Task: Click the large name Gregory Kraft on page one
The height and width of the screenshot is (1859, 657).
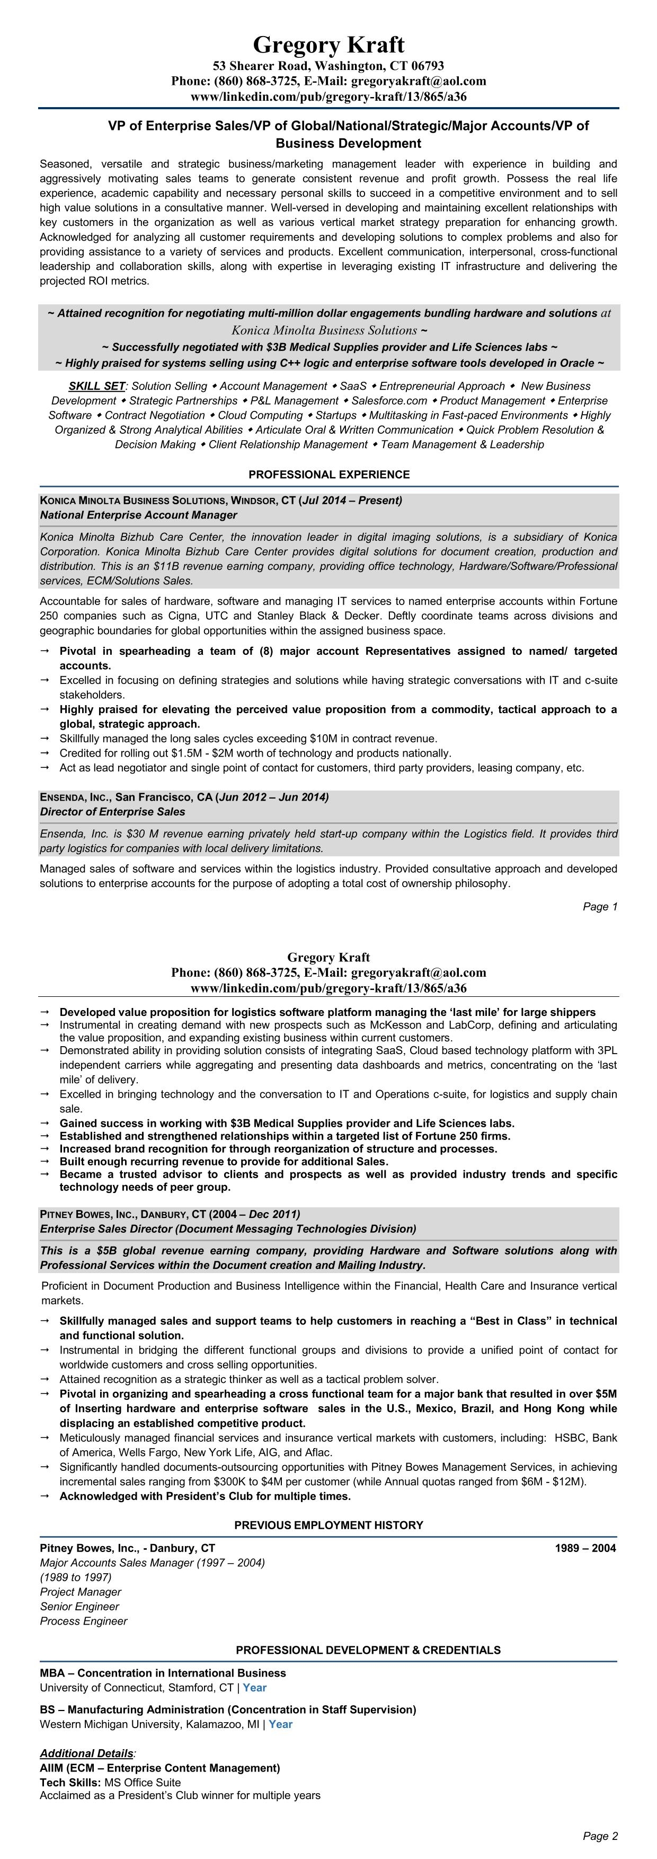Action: click(x=328, y=45)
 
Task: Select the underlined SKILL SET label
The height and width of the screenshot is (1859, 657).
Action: click(x=96, y=386)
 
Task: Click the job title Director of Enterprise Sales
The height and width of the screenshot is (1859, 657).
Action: click(x=112, y=812)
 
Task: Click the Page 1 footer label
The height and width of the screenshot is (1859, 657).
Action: click(x=600, y=906)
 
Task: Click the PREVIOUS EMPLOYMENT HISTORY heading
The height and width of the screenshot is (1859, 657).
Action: click(x=329, y=1525)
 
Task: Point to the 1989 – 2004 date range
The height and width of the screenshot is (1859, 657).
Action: click(x=585, y=1548)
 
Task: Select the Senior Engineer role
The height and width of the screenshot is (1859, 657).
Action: click(x=79, y=1607)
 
